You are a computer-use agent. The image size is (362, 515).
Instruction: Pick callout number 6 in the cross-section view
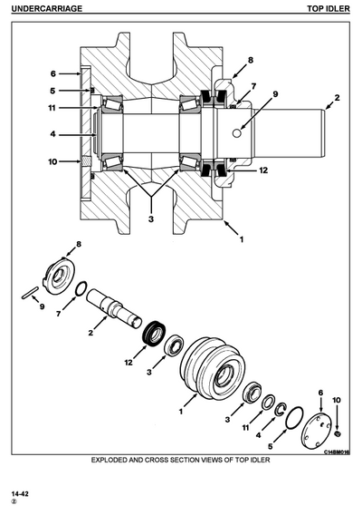pyautogui.click(x=52, y=73)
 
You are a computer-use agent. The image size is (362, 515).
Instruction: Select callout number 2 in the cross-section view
pyautogui.click(x=337, y=96)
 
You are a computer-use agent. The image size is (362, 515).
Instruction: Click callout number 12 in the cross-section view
pyautogui.click(x=263, y=170)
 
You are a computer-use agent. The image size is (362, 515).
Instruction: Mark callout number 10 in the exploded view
pyautogui.click(x=336, y=400)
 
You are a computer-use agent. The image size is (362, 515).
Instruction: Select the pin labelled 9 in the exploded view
pyautogui.click(x=29, y=291)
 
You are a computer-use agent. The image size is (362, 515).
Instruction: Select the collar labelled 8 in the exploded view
pyautogui.click(x=63, y=276)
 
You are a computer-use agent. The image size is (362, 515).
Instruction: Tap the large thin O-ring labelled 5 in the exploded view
pyautogui.click(x=292, y=418)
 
